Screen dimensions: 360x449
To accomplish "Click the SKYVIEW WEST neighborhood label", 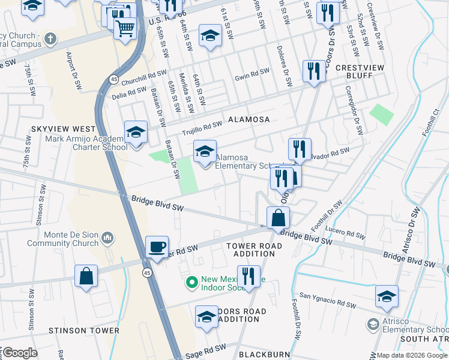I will [65, 129].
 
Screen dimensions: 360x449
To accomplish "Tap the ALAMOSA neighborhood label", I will [248, 119].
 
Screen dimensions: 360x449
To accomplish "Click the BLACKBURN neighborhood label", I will [265, 355].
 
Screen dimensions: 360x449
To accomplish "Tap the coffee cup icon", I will [157, 247].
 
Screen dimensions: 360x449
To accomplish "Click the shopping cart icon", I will [125, 27].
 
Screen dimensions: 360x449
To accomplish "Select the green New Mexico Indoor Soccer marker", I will [192, 281].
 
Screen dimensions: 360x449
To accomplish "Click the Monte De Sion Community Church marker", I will [107, 238].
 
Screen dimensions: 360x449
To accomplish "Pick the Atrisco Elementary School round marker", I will [373, 325].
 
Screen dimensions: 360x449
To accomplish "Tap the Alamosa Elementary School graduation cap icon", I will [205, 151].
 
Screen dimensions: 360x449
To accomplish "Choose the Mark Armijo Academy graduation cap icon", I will [136, 132].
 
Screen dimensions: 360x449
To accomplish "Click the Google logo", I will [20, 353].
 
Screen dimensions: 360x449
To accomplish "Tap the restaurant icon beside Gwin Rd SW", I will [314, 72].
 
